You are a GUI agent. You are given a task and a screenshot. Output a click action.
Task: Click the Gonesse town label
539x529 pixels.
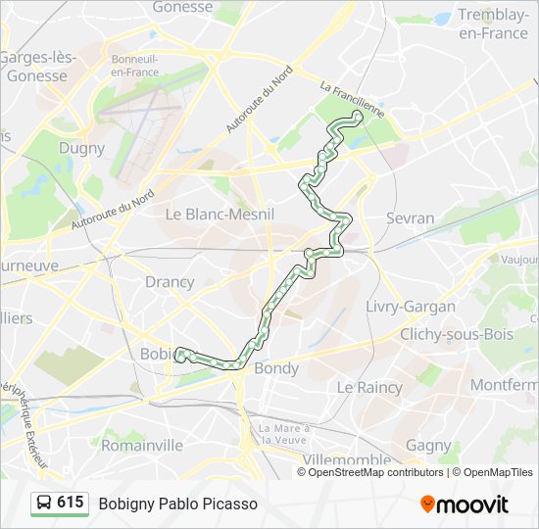tap(182, 7)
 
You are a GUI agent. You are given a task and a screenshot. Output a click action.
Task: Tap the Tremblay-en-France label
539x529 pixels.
tap(493, 24)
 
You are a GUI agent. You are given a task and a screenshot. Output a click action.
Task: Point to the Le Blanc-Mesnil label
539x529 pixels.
tap(220, 214)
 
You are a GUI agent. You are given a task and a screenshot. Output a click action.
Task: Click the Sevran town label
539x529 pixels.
tap(410, 217)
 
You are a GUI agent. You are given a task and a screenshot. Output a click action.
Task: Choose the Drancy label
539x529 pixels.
tap(170, 282)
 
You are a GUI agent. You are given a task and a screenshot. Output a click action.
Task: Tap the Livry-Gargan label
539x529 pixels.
tap(411, 307)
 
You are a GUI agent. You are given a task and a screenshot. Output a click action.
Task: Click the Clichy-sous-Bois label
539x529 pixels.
tap(457, 334)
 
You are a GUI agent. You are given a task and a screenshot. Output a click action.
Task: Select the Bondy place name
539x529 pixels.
tap(276, 369)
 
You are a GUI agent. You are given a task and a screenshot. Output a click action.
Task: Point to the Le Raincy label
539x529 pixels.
tap(369, 387)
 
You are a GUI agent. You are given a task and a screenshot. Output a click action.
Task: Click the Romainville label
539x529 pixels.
tap(142, 445)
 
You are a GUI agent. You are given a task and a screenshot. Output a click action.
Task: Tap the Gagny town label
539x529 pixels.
tap(428, 445)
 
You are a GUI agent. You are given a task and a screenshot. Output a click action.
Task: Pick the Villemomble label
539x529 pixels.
tap(347, 459)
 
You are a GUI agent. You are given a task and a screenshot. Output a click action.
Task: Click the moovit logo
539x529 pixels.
tap(465, 505)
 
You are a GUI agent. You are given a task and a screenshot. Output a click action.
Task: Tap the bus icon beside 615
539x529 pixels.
tap(43, 504)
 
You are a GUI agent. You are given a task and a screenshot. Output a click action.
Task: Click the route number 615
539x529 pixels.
tap(70, 503)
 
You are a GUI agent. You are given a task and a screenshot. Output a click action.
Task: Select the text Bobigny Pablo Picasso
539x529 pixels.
tap(177, 504)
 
